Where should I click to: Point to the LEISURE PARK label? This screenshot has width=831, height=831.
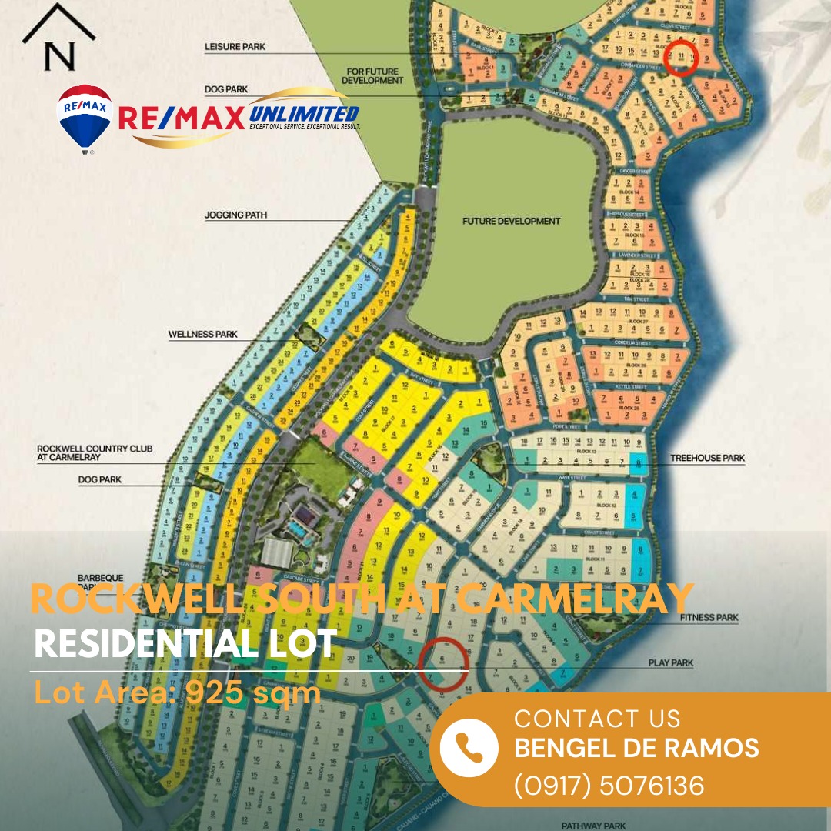click(235, 47)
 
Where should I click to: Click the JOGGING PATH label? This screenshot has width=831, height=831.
click(236, 215)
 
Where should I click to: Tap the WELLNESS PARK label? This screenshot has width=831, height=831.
click(203, 335)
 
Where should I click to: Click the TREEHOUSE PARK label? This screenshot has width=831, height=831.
click(707, 458)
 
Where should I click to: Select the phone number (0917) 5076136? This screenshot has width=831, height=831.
click(609, 786)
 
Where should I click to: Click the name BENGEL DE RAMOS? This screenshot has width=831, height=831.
click(636, 747)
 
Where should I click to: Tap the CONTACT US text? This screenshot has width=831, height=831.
click(597, 719)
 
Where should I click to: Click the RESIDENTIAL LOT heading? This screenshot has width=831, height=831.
click(185, 644)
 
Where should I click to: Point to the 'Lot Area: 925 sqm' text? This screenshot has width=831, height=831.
click(178, 693)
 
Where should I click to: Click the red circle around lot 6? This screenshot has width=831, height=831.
click(443, 662)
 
